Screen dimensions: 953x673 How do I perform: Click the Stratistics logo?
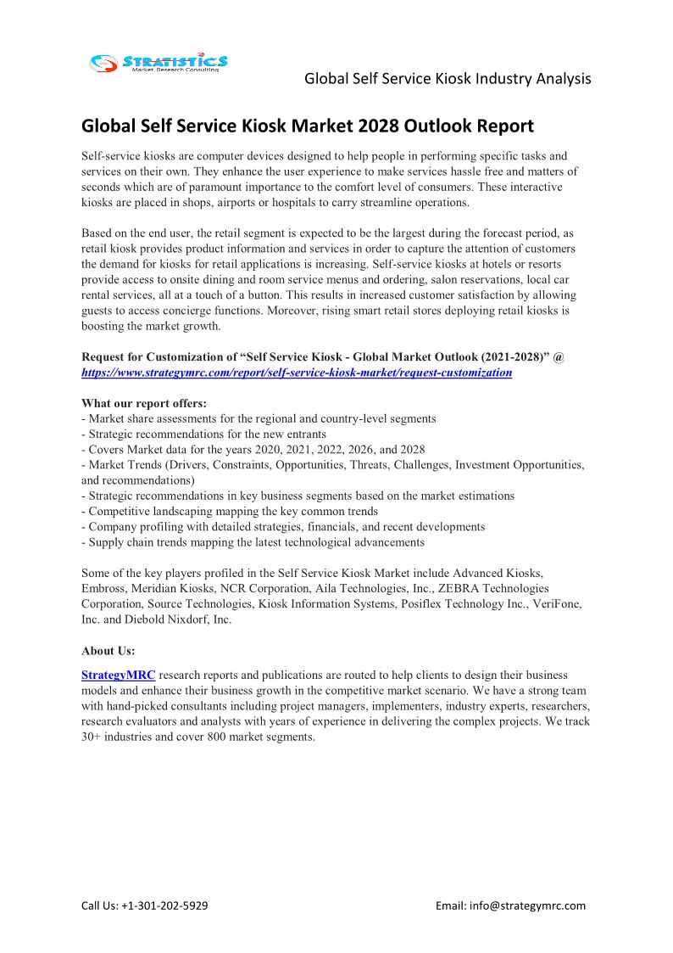point(159,62)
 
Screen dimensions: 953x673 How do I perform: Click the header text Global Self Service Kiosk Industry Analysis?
point(448,79)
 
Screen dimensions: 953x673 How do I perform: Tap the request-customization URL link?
point(297,373)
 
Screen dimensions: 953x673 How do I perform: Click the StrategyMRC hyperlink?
point(118,676)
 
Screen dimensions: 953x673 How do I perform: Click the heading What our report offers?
point(144,403)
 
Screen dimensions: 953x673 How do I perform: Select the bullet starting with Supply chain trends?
point(253,541)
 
